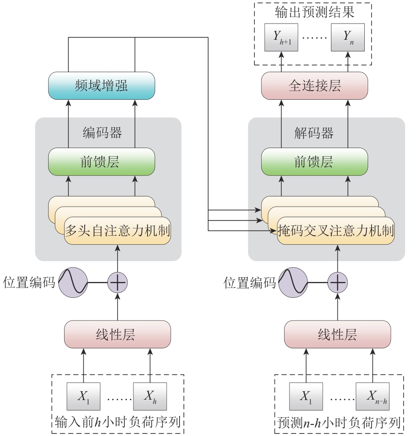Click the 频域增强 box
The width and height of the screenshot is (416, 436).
coord(101,86)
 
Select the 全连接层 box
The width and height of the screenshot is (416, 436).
coord(314,86)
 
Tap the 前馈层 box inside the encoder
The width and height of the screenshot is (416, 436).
coord(101,162)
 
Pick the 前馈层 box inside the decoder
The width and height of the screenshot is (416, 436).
coord(314,162)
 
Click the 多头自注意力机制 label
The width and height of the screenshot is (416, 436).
coord(117,231)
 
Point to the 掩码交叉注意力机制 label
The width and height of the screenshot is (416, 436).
coord(336,231)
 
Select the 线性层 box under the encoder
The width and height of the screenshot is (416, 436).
coord(117,334)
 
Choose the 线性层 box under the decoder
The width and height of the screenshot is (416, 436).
coord(337,334)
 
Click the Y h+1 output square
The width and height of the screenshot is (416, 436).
coord(281,37)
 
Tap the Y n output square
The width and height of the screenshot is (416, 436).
coord(348,37)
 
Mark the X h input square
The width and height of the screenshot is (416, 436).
coord(150,396)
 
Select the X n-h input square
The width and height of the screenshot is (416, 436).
coord(373,396)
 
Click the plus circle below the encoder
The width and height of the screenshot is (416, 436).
coord(117,283)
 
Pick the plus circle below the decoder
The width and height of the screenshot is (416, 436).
coord(338,283)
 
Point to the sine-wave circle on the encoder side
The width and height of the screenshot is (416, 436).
coord(73,283)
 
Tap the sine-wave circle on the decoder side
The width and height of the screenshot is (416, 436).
coord(293,283)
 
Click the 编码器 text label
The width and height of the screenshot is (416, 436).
coord(102,133)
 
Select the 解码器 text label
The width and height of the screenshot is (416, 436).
coord(314,133)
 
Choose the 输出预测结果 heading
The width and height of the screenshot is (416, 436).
coord(314,12)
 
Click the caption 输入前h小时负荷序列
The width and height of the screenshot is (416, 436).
coord(118,423)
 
